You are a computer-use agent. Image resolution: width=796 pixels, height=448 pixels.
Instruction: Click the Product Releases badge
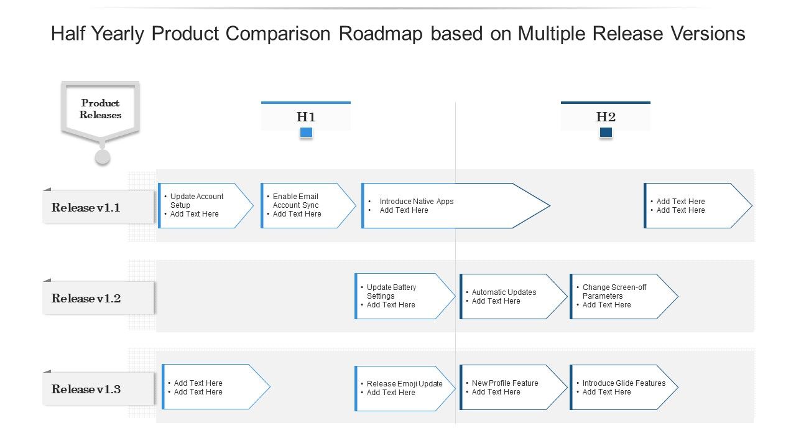tap(100, 109)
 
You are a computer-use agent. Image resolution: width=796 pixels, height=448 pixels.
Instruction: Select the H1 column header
tap(306, 116)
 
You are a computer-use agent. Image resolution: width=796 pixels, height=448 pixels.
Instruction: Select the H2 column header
tap(606, 116)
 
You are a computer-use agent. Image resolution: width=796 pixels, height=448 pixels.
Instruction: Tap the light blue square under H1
tap(306, 132)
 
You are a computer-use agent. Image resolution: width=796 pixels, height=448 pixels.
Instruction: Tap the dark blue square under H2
tap(606, 132)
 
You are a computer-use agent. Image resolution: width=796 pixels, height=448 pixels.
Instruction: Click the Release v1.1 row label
tap(98, 207)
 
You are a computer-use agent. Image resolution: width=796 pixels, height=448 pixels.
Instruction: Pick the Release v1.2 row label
tap(98, 298)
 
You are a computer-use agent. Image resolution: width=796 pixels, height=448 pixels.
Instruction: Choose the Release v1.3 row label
tap(98, 389)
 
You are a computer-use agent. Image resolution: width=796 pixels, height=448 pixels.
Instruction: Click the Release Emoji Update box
tap(403, 388)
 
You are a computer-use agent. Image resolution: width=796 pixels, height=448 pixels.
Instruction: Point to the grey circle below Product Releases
tap(103, 157)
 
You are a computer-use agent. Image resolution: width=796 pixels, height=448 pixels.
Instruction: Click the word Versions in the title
tap(707, 34)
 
